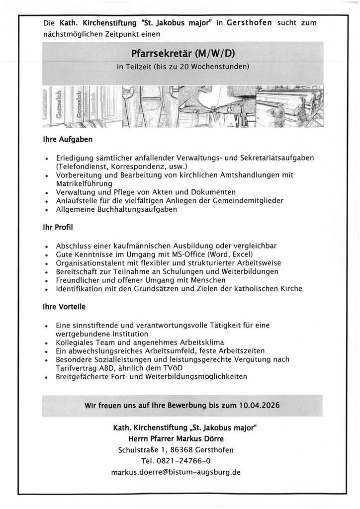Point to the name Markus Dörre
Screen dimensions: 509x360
click(x=200, y=439)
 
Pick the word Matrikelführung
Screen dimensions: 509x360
click(x=85, y=183)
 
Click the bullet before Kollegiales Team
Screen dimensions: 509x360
click(x=46, y=343)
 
